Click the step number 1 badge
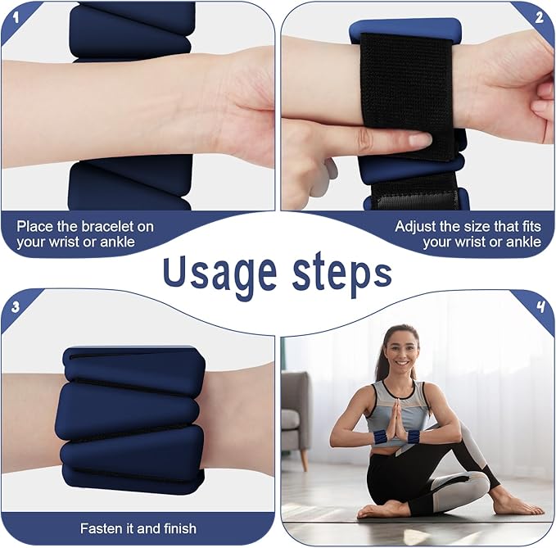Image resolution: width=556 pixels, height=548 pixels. pyautogui.click(x=16, y=16)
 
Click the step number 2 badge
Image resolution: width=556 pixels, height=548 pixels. pyautogui.click(x=540, y=17)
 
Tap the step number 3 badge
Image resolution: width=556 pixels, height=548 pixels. pyautogui.click(x=15, y=307)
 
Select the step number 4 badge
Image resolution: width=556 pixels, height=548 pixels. pyautogui.click(x=540, y=306)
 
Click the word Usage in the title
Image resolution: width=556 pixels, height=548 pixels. pyautogui.click(x=219, y=273)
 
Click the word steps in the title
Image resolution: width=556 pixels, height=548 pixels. pyautogui.click(x=341, y=274)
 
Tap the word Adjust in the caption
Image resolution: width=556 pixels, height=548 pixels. pyautogui.click(x=416, y=228)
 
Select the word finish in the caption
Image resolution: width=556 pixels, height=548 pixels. pyautogui.click(x=180, y=528)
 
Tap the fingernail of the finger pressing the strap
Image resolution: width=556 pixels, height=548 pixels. pyautogui.click(x=420, y=140)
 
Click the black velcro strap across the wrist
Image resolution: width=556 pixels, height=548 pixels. pyautogui.click(x=407, y=96)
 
